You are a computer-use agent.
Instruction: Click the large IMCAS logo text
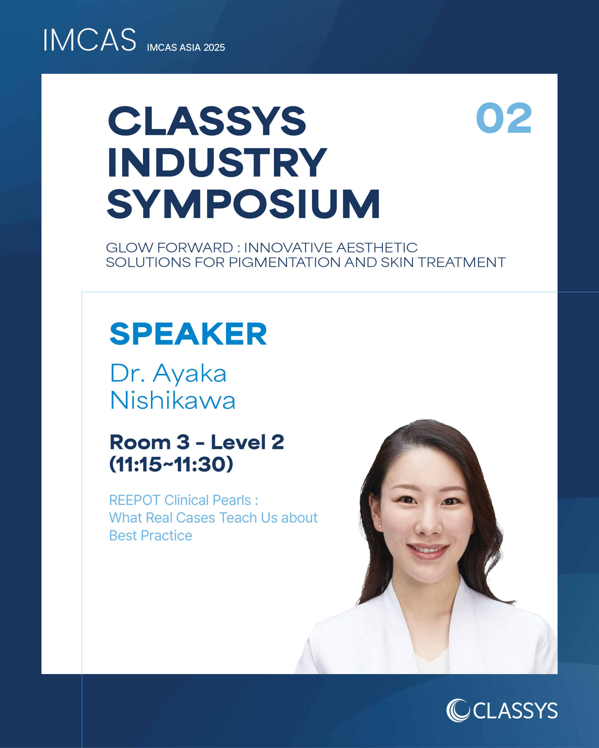89,40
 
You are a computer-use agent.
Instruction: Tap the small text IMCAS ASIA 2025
186,48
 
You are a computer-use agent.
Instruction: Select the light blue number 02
504,118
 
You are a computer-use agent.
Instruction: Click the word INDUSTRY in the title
217,162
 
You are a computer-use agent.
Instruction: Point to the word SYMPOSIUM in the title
243,204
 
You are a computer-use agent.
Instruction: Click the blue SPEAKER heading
188,334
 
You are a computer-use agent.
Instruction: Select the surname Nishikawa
173,400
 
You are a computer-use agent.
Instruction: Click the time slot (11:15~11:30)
171,464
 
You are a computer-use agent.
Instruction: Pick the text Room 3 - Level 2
197,442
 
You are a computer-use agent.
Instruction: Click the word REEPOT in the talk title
134,500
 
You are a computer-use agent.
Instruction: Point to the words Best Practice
150,536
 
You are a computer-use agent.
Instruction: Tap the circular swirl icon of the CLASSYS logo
458,710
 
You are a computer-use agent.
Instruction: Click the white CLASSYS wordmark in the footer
515,711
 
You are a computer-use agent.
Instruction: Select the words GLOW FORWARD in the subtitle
169,248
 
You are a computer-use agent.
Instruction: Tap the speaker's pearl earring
380,527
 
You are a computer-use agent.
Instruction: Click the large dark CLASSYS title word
207,121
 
